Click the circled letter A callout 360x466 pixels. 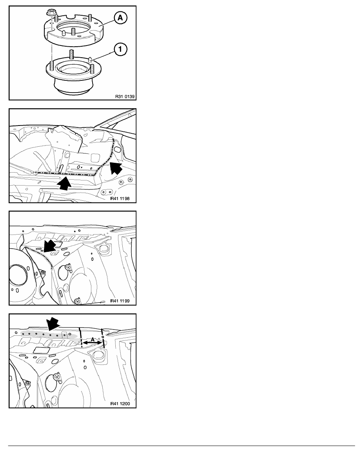(120, 18)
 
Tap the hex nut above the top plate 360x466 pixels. (50, 13)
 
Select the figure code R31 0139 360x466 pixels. (125, 96)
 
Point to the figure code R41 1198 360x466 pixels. (120, 198)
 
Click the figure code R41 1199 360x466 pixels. (120, 301)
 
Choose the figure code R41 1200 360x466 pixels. (120, 404)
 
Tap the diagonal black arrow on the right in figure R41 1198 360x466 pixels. (116, 169)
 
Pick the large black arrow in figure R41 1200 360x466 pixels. (53, 323)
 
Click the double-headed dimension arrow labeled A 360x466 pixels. (92, 343)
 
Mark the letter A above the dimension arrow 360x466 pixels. (93, 339)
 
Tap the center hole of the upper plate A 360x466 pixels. (74, 30)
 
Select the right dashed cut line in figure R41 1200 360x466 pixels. (102, 337)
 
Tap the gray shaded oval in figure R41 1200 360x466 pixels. (49, 334)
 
